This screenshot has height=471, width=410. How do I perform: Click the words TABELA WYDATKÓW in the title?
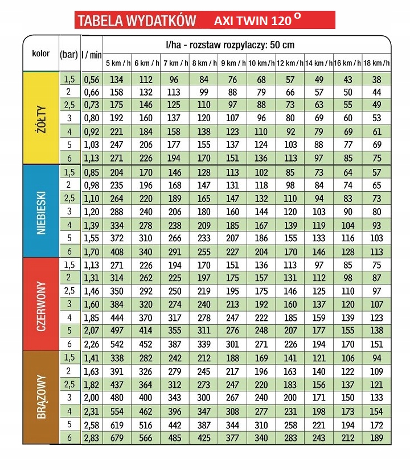tap(137, 20)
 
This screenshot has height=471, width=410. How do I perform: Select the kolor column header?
tap(40, 53)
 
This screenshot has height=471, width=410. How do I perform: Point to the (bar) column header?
tap(69, 55)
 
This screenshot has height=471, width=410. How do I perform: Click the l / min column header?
tap(92, 55)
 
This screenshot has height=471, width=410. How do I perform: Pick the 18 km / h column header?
tap(376, 63)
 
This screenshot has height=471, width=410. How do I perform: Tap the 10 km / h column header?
tap(261, 63)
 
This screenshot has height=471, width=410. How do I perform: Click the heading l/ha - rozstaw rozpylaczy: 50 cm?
tap(230, 45)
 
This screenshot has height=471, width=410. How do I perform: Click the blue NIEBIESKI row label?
tap(41, 213)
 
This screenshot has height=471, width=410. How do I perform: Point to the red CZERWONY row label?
tap(41, 306)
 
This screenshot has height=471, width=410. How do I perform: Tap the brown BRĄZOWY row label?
tap(41, 396)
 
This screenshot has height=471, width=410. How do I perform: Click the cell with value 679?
tap(117, 438)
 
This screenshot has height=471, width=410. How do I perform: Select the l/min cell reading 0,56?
tap(92, 80)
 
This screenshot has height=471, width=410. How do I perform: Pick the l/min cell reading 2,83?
tap(92, 438)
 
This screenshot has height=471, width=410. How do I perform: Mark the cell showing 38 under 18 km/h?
tap(376, 80)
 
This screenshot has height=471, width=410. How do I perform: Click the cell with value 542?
tap(117, 344)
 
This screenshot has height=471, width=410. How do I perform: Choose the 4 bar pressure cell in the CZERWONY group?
tap(69, 317)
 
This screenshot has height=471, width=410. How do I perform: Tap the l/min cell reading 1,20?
tap(92, 212)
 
